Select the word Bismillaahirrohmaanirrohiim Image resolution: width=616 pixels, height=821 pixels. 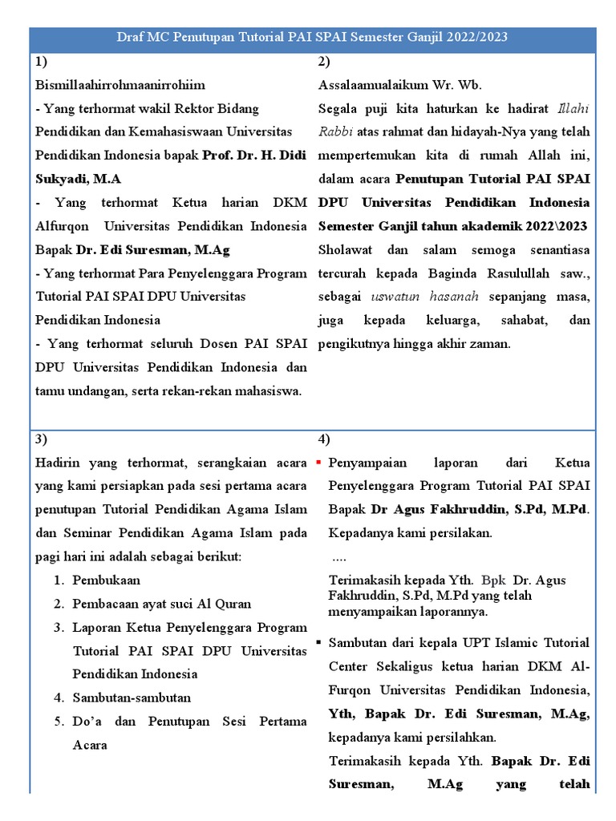(x=120, y=84)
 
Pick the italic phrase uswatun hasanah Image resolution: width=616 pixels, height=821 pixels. (x=425, y=296)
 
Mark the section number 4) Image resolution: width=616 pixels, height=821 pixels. (x=324, y=439)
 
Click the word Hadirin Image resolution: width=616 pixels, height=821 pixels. (x=58, y=463)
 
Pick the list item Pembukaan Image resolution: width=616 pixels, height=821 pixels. (x=106, y=580)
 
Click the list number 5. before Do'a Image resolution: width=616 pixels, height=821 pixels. (x=60, y=722)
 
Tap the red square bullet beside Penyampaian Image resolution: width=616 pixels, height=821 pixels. (x=319, y=463)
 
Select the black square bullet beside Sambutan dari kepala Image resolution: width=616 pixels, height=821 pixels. (x=319, y=643)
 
